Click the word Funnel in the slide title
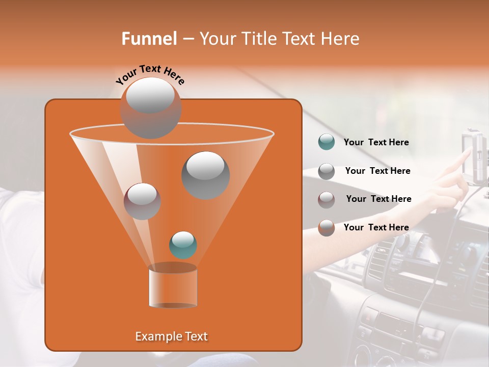click(149, 39)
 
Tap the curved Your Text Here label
click(150, 74)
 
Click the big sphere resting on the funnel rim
click(150, 108)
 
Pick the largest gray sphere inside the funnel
click(205, 175)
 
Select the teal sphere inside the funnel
click(183, 245)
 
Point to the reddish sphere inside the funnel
click(142, 201)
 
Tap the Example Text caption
click(171, 336)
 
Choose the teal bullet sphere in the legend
click(326, 142)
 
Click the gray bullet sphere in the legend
click(326, 171)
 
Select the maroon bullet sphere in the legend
click(326, 199)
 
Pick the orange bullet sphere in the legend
click(326, 227)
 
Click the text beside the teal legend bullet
click(376, 143)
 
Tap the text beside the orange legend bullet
click(376, 227)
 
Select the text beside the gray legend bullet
click(377, 171)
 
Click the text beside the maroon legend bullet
click(378, 199)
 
